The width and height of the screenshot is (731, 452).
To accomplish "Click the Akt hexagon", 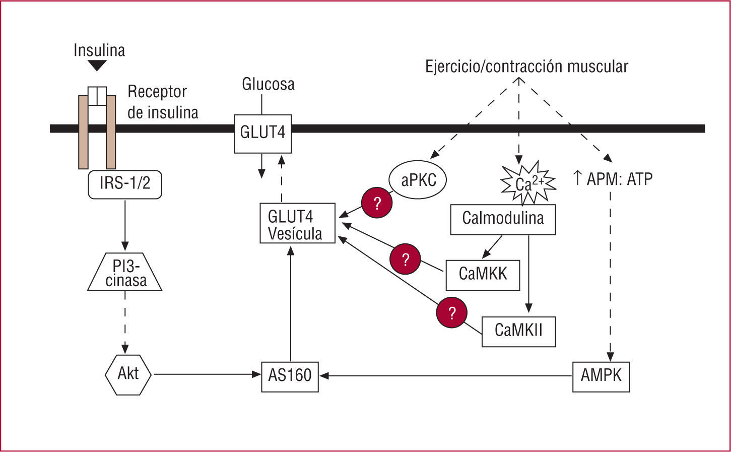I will (128, 374).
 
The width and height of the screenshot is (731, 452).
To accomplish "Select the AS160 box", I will (290, 376).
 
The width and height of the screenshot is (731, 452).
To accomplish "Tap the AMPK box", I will (601, 376).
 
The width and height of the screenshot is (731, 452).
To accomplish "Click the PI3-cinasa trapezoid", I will (125, 272).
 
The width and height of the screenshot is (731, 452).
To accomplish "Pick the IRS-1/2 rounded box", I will (125, 183).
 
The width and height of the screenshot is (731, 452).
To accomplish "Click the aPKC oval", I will (418, 180).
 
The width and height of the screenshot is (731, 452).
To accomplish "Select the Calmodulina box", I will (503, 219).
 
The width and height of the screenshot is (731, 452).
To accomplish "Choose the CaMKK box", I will (482, 275).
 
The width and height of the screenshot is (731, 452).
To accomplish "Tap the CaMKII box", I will (518, 331).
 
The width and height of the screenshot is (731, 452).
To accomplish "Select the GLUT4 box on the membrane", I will (262, 133).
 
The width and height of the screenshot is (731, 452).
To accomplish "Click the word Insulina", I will (99, 50).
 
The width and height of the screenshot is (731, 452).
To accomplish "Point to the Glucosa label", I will (268, 84).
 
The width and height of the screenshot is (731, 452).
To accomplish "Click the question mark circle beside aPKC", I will (376, 204).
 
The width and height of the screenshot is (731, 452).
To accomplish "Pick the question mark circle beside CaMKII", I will (452, 312).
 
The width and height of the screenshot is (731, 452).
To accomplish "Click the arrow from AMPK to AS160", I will (446, 375).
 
